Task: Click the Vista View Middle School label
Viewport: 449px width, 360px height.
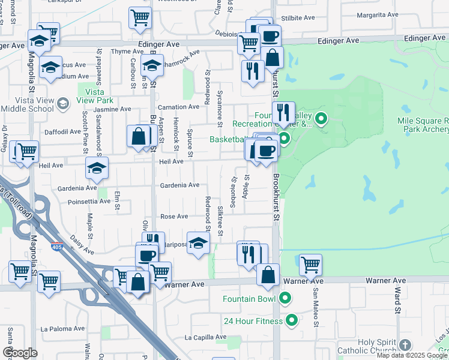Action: coord(27,105)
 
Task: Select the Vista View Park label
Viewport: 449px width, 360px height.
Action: coord(95,96)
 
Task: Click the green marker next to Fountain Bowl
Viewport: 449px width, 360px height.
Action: coord(286,298)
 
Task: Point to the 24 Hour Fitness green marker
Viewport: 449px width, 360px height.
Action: coord(292,320)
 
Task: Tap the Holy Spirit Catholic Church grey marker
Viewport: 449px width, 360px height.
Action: coord(405,345)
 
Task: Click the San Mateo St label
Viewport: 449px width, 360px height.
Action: coord(315,307)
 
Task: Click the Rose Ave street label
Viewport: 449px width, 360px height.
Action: coord(173,216)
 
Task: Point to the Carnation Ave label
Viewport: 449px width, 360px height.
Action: coord(178,107)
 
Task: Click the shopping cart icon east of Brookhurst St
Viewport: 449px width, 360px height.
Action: coord(310,263)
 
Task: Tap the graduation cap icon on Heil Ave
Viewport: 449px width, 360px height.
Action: coord(96,169)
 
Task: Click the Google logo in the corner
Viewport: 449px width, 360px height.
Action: coord(20,353)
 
